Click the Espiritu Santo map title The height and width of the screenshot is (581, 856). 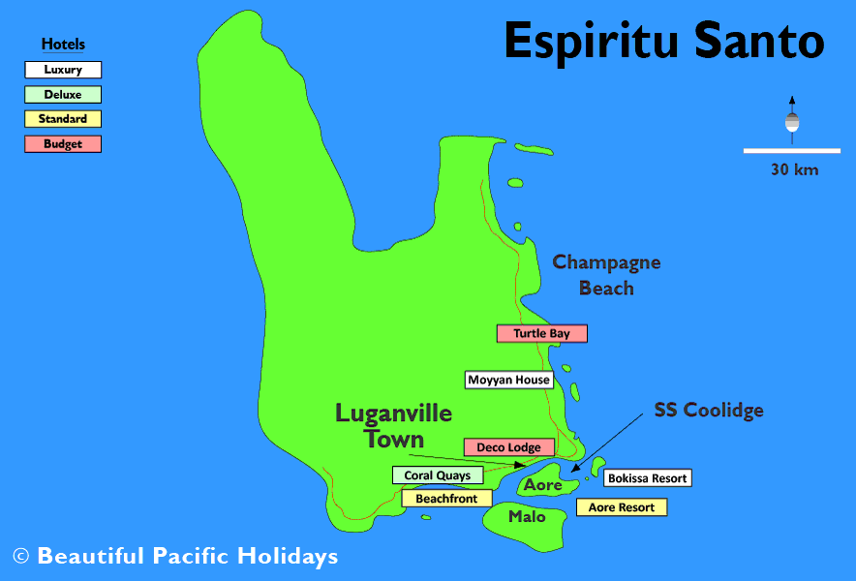[664, 42]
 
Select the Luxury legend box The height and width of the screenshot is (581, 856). [63, 70]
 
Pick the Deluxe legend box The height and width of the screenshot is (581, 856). [63, 95]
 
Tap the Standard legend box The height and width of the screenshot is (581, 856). [63, 119]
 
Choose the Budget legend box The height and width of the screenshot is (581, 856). [63, 144]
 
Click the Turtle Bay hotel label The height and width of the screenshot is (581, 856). [541, 334]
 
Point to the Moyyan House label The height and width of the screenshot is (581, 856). [508, 381]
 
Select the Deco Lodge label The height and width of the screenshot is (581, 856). [508, 448]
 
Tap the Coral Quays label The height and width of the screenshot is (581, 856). [437, 475]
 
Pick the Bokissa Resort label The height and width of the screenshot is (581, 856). [647, 478]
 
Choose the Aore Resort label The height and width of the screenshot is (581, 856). [621, 507]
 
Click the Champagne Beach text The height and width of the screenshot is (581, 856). [606, 275]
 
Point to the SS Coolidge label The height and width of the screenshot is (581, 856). [709, 411]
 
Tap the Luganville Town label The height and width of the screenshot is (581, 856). [394, 426]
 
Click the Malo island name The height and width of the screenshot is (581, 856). [527, 517]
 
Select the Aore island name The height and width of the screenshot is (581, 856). [544, 485]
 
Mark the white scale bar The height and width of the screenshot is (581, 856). [791, 151]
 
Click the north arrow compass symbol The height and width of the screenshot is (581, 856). [792, 119]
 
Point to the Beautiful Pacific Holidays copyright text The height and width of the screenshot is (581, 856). [175, 557]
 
